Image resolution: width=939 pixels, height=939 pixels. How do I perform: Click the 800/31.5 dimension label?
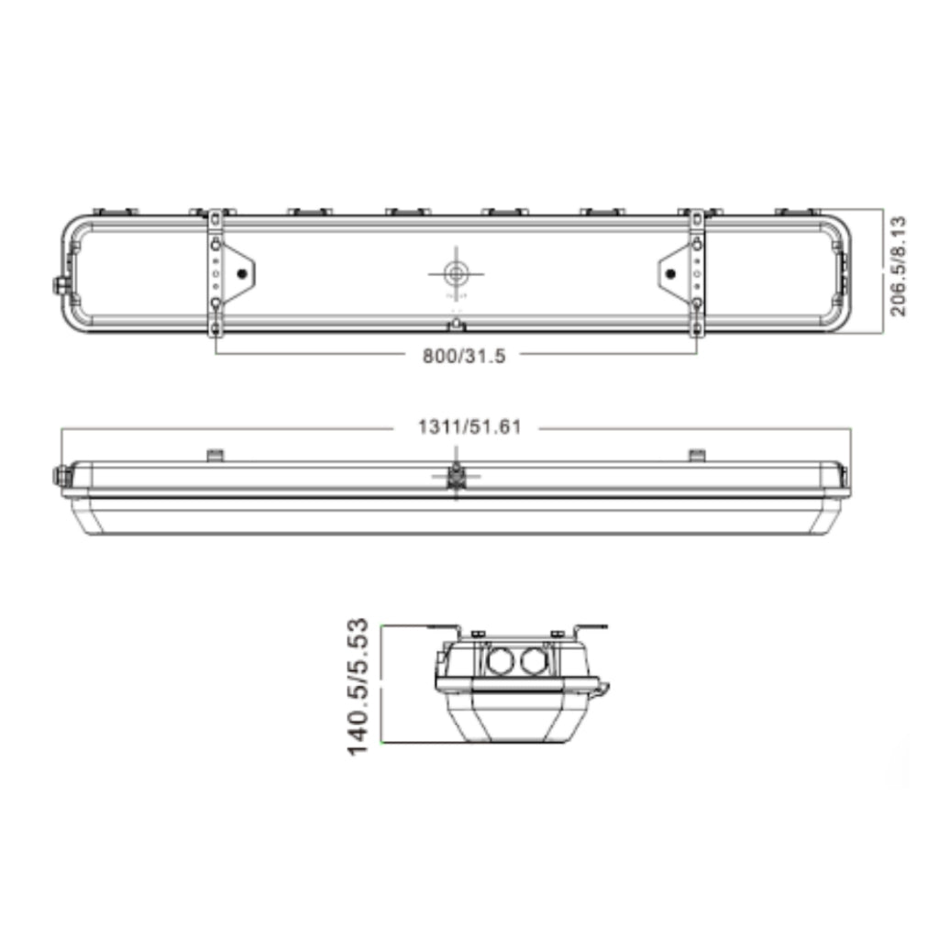[x=464, y=357]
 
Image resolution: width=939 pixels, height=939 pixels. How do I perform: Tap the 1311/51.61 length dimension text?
[x=469, y=427]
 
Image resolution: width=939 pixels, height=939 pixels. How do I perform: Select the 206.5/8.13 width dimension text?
[x=898, y=267]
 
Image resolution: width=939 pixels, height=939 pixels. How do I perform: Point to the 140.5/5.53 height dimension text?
[x=358, y=687]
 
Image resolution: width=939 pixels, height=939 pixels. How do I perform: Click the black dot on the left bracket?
[x=242, y=274]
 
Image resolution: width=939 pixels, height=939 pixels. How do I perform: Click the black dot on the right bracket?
[x=670, y=274]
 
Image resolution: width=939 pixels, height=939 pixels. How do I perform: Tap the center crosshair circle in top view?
[x=457, y=274]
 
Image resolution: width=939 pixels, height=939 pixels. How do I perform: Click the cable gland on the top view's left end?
[x=60, y=284]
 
